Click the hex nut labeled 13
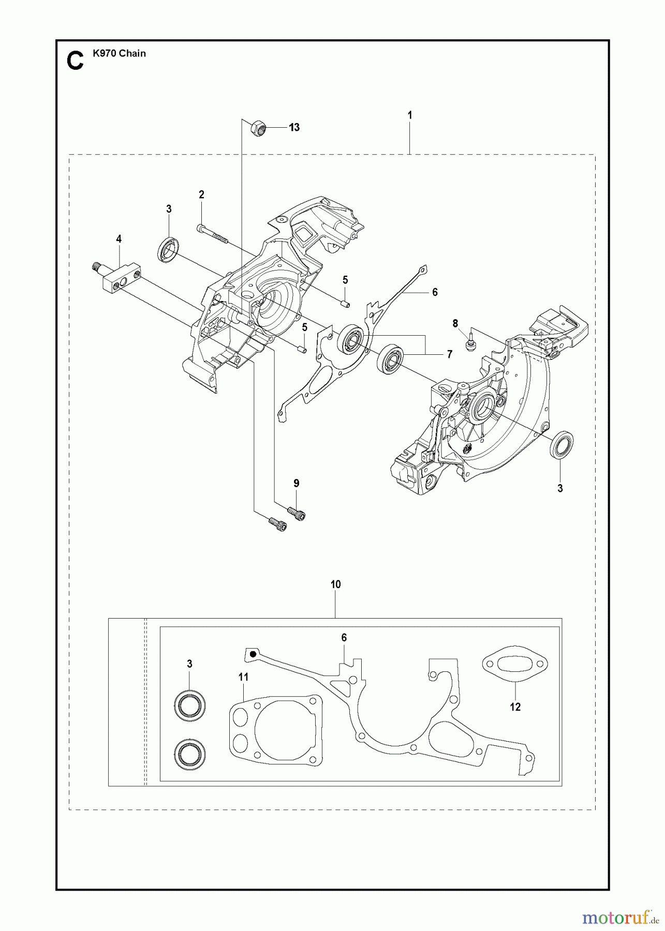(258, 127)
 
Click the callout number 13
(294, 127)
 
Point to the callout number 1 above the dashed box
(409, 115)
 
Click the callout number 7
(449, 354)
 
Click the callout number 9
(296, 483)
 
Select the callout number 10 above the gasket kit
(335, 584)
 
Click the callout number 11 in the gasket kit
(244, 677)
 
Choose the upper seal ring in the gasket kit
(189, 704)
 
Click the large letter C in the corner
(75, 61)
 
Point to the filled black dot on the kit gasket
(252, 654)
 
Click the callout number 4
(119, 239)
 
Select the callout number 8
(455, 324)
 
